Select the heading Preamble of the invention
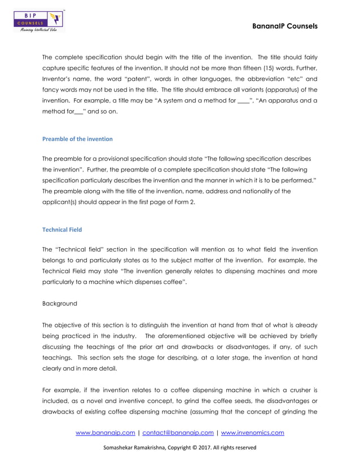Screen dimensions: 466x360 77,139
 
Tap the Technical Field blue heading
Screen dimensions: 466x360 63,230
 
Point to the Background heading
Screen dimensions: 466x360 60,303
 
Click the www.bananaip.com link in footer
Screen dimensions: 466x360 106,433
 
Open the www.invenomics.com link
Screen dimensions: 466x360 252,433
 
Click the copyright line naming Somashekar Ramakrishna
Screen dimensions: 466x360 179,447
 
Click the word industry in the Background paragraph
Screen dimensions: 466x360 129,336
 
